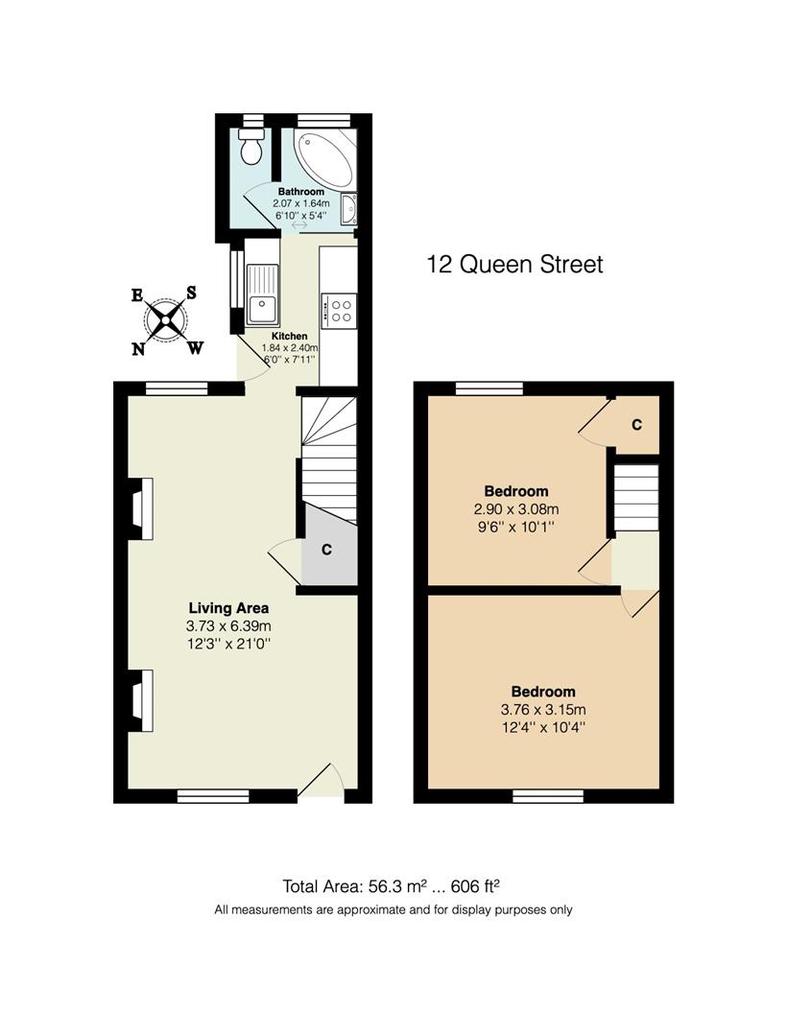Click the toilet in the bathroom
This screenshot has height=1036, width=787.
point(252,149)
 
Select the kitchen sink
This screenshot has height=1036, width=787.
point(261,293)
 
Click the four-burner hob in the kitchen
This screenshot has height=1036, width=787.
point(339,309)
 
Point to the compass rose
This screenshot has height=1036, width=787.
point(167,319)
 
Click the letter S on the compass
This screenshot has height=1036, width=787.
point(191,293)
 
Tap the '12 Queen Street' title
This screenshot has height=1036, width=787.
point(514,264)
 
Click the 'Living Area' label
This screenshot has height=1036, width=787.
point(228,607)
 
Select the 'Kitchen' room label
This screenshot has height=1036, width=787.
point(289,336)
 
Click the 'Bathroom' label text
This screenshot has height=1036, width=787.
point(301,192)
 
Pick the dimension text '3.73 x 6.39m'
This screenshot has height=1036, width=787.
point(228,626)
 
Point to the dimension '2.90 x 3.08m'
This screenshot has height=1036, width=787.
point(515,509)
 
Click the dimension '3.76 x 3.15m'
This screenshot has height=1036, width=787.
point(542,710)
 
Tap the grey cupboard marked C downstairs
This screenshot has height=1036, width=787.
point(327,551)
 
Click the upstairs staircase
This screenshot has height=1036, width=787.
point(636,499)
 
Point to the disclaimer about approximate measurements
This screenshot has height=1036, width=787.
point(393,909)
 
